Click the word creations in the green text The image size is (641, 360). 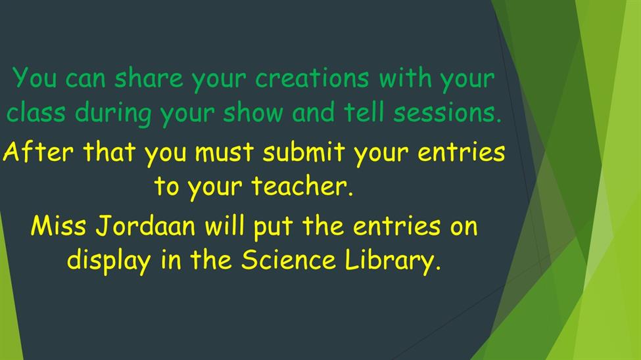(312, 78)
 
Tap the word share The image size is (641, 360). (149, 78)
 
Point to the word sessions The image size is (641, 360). (447, 112)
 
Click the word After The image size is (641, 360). (38, 151)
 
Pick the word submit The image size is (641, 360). (304, 151)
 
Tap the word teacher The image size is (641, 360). (302, 186)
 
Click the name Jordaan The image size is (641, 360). (145, 226)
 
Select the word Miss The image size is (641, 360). (59, 226)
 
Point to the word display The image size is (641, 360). (108, 261)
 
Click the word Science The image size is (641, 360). (288, 260)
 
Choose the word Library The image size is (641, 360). (393, 261)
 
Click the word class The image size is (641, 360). (36, 112)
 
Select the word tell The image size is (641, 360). (364, 112)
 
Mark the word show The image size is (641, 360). (253, 112)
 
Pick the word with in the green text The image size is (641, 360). (405, 78)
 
